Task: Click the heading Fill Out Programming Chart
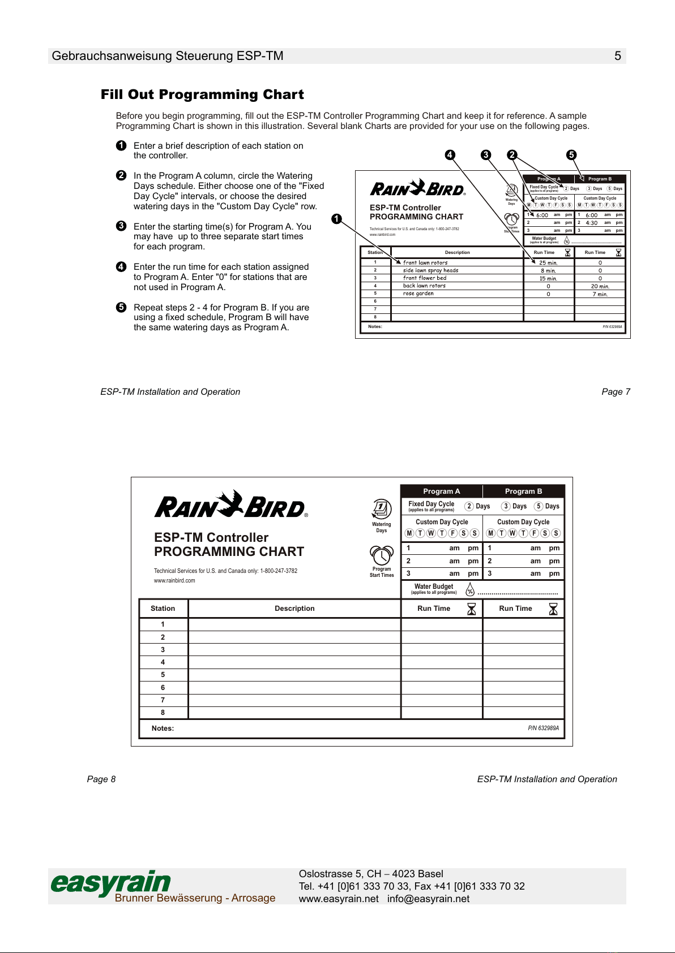coord(202,94)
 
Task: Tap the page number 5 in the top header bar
coord(618,56)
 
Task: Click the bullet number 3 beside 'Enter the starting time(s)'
coord(121,226)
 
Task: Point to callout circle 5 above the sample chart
coord(571,155)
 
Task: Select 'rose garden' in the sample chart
coord(418,294)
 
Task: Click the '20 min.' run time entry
coord(600,286)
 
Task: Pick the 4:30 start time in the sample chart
coord(591,223)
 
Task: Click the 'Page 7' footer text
coord(616,392)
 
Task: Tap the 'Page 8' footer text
coord(101,779)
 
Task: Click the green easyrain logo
coord(111,883)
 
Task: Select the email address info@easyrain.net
coord(428,899)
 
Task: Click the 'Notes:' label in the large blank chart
coord(163,728)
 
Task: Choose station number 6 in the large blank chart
coord(163,688)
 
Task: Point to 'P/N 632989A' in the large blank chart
coord(543,728)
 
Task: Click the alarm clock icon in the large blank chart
coord(382,555)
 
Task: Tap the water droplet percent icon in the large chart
coord(470,590)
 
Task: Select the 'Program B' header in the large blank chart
coord(523,491)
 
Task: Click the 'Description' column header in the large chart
coord(294,609)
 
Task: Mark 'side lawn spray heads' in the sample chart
coord(430,270)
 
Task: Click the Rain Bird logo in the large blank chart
coord(230,504)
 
